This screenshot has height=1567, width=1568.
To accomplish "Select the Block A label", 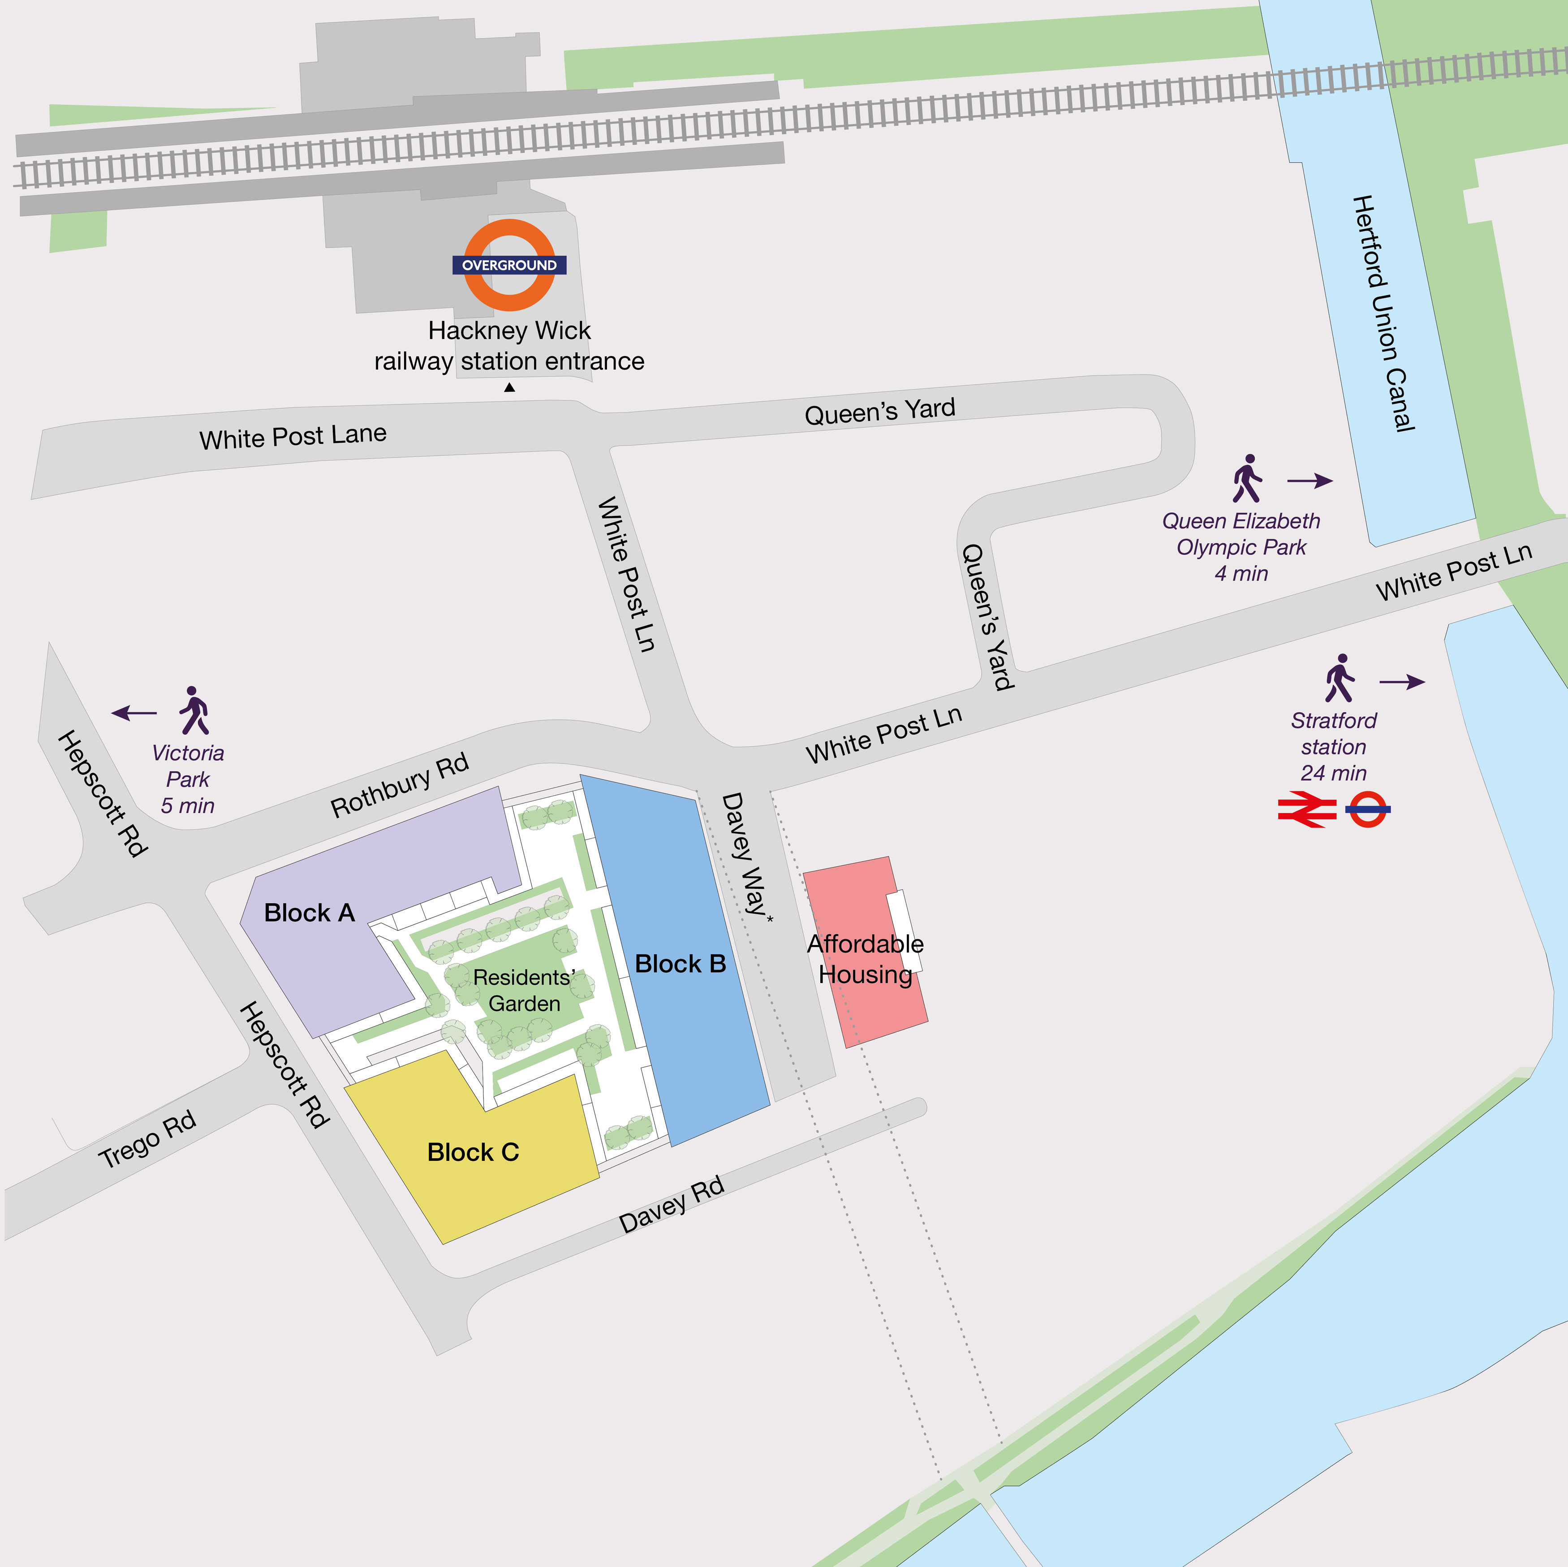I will click(x=309, y=913).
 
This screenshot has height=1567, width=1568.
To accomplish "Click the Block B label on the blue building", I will click(x=680, y=964).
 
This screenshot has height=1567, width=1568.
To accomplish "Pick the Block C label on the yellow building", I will click(x=473, y=1152).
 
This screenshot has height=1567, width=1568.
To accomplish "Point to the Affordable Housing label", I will click(x=865, y=959).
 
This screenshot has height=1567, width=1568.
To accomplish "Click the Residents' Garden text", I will click(x=524, y=990).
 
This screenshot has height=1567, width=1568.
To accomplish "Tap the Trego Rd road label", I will click(x=147, y=1139).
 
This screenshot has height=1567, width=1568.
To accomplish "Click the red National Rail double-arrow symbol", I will click(x=1307, y=810).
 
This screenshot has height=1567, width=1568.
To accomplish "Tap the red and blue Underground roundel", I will click(x=1368, y=809).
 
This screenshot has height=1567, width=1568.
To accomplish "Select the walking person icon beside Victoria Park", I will click(x=194, y=710).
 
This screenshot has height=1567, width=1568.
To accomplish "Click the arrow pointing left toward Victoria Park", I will click(x=134, y=713).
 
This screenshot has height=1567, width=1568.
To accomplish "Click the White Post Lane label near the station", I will click(x=293, y=437).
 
